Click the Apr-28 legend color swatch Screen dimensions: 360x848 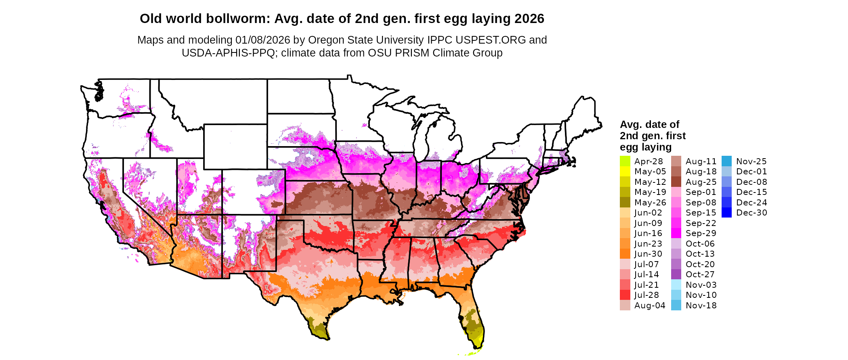coord(625,161)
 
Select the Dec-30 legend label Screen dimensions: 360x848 coord(751,213)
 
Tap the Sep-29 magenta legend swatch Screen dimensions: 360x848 coord(676,233)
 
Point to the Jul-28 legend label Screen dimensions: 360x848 coord(646,295)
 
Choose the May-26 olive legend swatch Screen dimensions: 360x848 coord(625,202)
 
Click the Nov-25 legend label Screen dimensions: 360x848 coord(751,161)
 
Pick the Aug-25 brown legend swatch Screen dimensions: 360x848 coord(676,182)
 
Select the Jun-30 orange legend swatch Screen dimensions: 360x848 coord(625,254)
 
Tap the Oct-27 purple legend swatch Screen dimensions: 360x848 coord(676,274)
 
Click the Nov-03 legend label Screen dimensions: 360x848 coord(701,285)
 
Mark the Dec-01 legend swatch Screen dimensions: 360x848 coord(726,172)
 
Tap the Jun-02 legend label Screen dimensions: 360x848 coord(648,213)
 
